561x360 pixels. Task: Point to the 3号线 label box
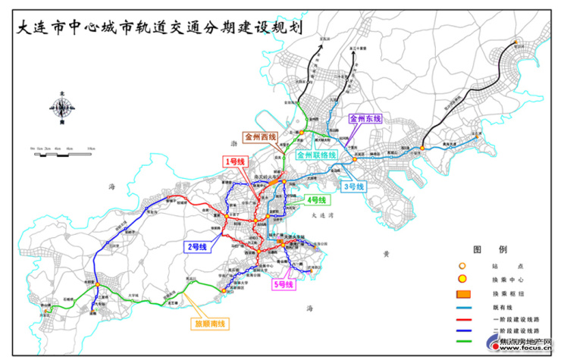pos(354,186)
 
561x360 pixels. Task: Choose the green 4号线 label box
pos(315,200)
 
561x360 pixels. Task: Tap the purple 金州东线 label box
pos(367,119)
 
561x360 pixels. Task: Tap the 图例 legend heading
pos(484,249)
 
